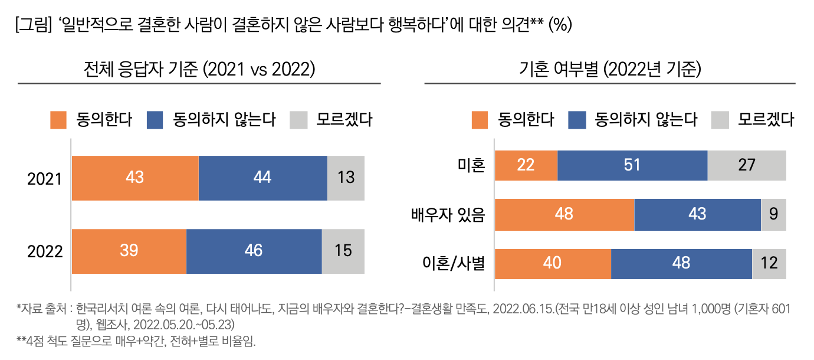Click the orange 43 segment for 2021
click(x=135, y=178)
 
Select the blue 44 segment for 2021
click(x=262, y=178)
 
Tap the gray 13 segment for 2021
click(x=346, y=178)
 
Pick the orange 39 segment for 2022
click(x=129, y=251)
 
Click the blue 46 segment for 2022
click(x=254, y=251)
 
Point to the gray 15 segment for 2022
click(x=343, y=251)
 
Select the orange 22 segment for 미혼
click(x=526, y=165)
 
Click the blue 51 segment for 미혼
click(x=632, y=165)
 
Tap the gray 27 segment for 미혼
click(x=746, y=165)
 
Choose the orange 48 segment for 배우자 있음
click(x=564, y=215)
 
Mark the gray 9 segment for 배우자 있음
click(x=773, y=215)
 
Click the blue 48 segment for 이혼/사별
click(x=681, y=264)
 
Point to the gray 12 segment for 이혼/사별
click(x=769, y=264)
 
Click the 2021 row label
click(x=45, y=179)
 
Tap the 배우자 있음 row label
click(x=448, y=215)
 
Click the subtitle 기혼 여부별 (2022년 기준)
click(x=609, y=70)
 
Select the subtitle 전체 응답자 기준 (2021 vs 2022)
click(x=199, y=70)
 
